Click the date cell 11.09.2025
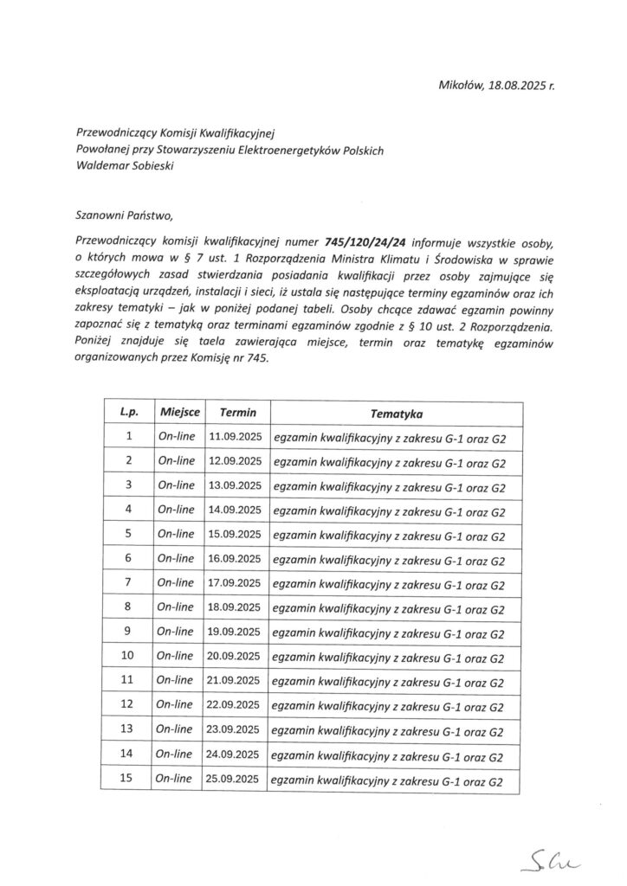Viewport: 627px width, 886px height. click(x=236, y=438)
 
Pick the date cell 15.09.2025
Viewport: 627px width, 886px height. click(x=236, y=535)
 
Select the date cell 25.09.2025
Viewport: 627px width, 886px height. click(x=236, y=780)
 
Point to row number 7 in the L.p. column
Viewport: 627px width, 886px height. click(x=128, y=583)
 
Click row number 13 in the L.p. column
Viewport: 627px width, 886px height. click(x=128, y=730)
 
